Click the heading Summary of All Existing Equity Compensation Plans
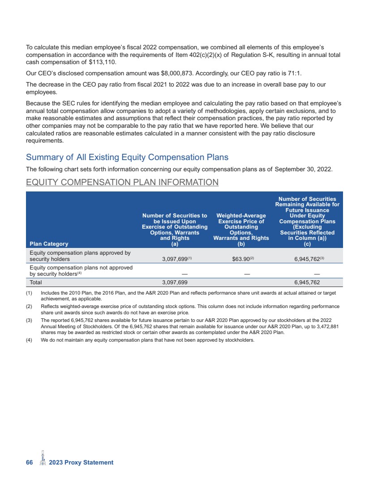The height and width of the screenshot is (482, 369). click(x=127, y=157)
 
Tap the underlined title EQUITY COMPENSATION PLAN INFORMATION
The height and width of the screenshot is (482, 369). click(x=122, y=182)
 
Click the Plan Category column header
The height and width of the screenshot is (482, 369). click(x=49, y=244)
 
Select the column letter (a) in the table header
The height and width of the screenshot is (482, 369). click(x=175, y=244)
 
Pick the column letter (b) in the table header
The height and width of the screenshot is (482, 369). click(x=241, y=244)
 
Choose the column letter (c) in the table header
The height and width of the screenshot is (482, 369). click(x=307, y=244)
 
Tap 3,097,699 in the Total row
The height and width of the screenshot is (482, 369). click(x=174, y=282)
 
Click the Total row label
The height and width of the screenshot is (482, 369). click(x=35, y=282)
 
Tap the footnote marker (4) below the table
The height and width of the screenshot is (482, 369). click(x=30, y=340)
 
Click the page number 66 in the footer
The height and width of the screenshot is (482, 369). click(x=30, y=462)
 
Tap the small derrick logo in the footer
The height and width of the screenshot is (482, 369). click(x=43, y=459)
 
